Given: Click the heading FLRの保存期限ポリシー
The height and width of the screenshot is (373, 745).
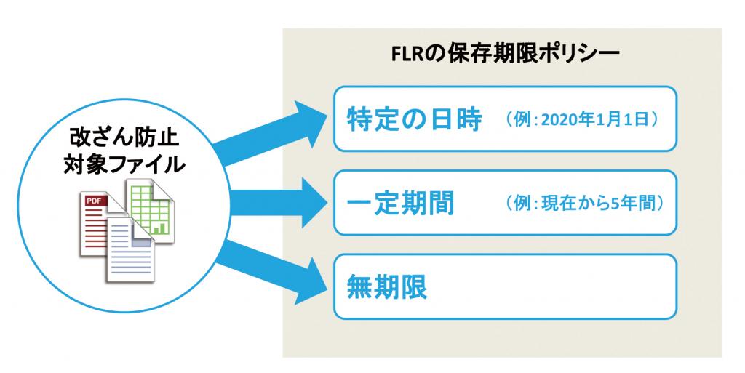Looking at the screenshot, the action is (505, 55).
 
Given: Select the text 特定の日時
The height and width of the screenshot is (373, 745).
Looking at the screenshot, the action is (414, 119).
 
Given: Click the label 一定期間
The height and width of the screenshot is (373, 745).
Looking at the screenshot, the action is (401, 203).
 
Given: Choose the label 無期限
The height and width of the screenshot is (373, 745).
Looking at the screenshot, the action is (387, 286).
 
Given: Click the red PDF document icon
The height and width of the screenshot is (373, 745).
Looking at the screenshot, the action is (97, 223).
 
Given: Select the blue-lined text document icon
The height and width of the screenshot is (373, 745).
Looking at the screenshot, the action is (131, 249).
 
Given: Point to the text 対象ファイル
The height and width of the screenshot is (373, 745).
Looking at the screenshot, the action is (124, 164).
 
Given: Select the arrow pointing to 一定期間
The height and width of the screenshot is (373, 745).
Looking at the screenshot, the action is (279, 203).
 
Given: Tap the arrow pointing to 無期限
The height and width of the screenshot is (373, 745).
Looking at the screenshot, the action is (270, 270).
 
